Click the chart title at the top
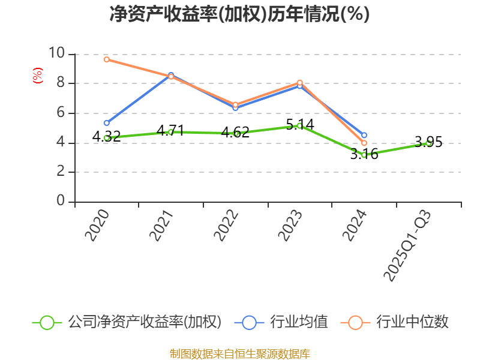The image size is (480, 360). pyautogui.click(x=239, y=14)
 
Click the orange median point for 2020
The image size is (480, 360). pyautogui.click(x=106, y=59)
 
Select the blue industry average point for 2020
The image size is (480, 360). pyautogui.click(x=106, y=123)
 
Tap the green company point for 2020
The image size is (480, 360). pyautogui.click(x=106, y=138)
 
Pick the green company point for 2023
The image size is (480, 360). pyautogui.click(x=299, y=125)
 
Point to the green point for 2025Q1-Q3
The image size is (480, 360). pyautogui.click(x=428, y=143)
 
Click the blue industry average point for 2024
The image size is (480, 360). pyautogui.click(x=364, y=136)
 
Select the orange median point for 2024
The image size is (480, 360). pyautogui.click(x=364, y=143)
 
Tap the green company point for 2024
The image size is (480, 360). pyautogui.click(x=364, y=155)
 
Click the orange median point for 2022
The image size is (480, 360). pyautogui.click(x=235, y=104)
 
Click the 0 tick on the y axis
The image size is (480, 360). pyautogui.click(x=61, y=202)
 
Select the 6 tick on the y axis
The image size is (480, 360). pyautogui.click(x=61, y=113)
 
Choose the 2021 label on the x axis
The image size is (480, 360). pyautogui.click(x=161, y=226)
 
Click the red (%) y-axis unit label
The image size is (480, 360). pyautogui.click(x=37, y=76)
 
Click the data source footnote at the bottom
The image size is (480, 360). pyautogui.click(x=239, y=353)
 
